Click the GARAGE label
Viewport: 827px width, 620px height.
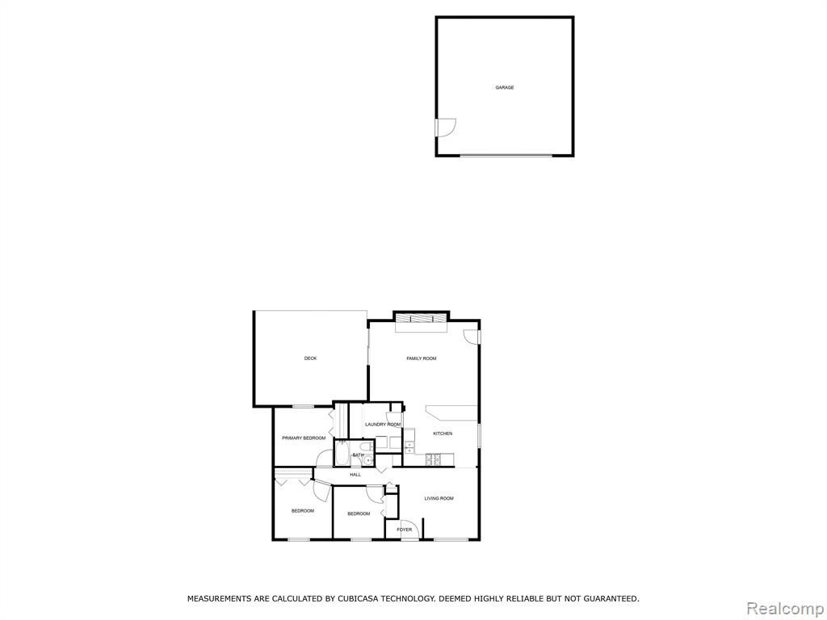point(504,87)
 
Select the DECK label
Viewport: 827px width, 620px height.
point(310,358)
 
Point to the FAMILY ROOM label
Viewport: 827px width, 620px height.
point(422,358)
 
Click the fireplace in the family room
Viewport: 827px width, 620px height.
point(421,318)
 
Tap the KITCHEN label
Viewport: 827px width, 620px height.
point(443,434)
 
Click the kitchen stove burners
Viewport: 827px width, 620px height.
point(434,459)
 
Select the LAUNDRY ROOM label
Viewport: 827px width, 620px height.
point(382,425)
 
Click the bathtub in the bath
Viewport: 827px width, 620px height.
point(342,453)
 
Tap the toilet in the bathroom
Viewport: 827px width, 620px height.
point(370,447)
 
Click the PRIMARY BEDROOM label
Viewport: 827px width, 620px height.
point(304,438)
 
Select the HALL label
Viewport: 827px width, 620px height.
point(355,475)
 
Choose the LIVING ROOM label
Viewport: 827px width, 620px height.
point(439,498)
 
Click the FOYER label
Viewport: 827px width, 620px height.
point(404,530)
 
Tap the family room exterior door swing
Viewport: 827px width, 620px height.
point(471,337)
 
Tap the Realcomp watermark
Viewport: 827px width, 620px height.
point(786,609)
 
